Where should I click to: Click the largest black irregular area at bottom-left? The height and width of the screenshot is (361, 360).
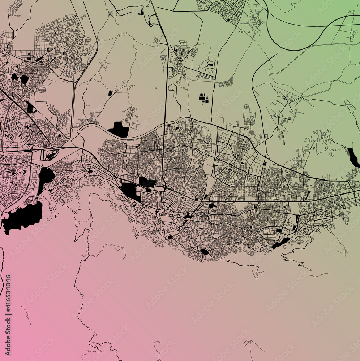tap(22, 217)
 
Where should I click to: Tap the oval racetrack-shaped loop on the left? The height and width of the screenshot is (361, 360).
tap(51, 156)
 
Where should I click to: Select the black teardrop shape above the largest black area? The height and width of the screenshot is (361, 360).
tap(46, 177)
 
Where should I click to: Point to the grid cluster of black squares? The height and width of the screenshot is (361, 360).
tap(203, 98)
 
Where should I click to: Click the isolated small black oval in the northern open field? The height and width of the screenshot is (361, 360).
tap(110, 93)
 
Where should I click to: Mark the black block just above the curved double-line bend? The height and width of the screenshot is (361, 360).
tap(118, 129)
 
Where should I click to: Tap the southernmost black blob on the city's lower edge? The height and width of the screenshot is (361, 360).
tap(204, 252)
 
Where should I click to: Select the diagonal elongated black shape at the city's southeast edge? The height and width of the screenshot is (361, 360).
tap(280, 243)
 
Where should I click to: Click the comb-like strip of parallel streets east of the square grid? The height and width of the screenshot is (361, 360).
tap(226, 83)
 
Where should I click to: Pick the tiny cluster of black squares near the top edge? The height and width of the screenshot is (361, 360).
tap(141, 13)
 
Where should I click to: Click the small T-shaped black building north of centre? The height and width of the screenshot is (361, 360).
tap(210, 65)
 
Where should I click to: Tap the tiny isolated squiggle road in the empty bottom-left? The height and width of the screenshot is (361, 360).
tap(26, 314)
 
